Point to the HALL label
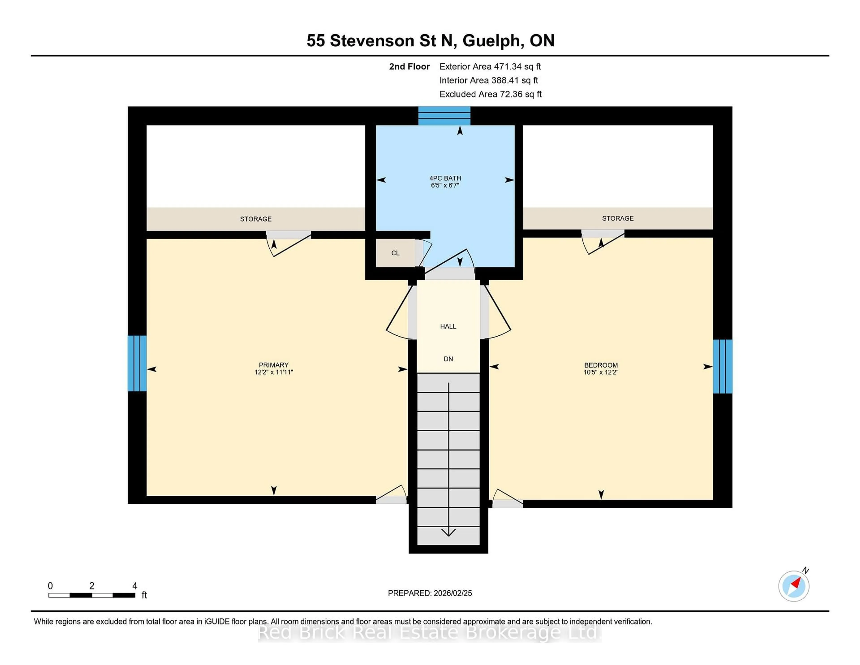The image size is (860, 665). pos(448,326)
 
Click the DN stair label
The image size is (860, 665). pos(448,359)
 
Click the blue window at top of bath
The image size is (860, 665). pos(444,116)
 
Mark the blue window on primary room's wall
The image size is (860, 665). pos(137,363)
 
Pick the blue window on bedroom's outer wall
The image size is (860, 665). pos(722,366)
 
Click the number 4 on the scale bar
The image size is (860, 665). pos(135,586)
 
